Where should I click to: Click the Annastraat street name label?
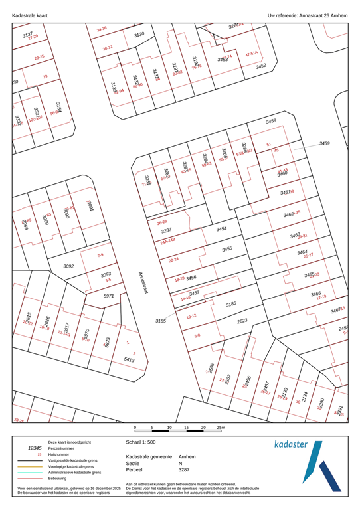[144, 284]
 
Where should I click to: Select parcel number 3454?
[222, 229]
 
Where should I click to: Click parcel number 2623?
[242, 320]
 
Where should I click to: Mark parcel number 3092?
[68, 266]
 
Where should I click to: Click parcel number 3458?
[271, 122]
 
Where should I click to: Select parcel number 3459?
[324, 143]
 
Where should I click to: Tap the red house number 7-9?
[100, 255]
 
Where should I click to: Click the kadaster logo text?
[297, 443]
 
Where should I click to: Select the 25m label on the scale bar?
[222, 428]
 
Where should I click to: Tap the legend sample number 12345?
[32, 448]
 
